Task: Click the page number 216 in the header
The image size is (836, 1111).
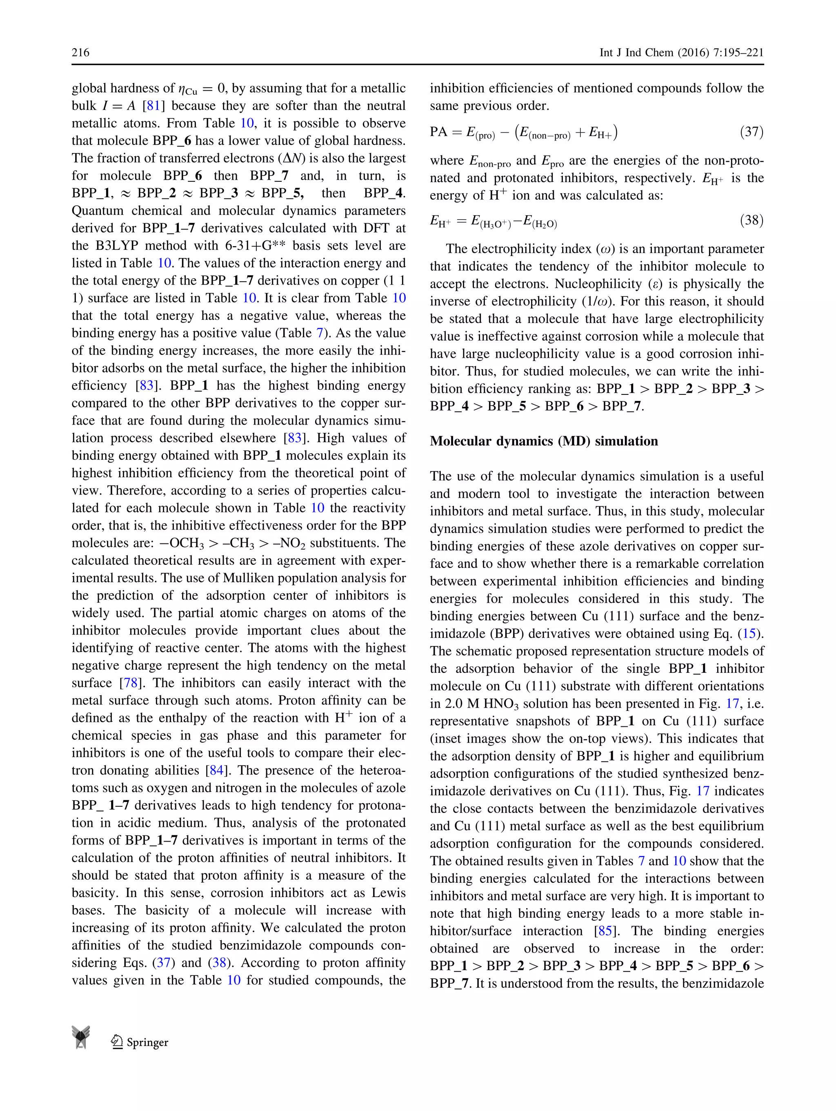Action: tap(80, 52)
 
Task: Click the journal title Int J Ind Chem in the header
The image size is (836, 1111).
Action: tap(636, 52)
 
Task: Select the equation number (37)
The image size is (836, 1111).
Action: tap(752, 132)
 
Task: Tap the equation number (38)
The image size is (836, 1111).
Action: tap(752, 220)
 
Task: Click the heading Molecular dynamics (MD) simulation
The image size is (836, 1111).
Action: tap(544, 441)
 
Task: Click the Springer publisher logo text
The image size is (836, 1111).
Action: tap(147, 1043)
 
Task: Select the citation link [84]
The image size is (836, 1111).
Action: tap(217, 770)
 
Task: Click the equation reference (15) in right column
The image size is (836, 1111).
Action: tap(749, 633)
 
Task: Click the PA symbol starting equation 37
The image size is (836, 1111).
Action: tap(438, 132)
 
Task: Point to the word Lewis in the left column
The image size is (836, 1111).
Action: tap(388, 893)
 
